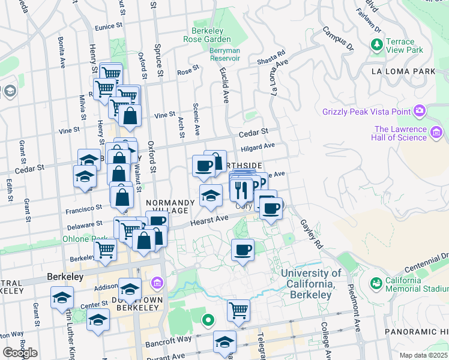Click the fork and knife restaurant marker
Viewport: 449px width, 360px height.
click(x=241, y=190)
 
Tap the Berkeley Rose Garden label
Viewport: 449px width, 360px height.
click(x=207, y=35)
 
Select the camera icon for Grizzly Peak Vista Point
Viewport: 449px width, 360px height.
click(x=420, y=111)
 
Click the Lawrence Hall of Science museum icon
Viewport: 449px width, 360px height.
click(x=436, y=132)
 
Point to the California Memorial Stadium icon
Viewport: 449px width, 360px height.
click(x=376, y=283)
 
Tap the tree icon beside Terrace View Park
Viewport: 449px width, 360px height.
click(x=376, y=44)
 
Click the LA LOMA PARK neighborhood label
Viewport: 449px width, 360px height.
click(x=403, y=71)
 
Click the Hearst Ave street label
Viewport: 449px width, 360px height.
click(x=210, y=221)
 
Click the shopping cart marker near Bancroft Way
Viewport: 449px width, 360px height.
click(x=238, y=311)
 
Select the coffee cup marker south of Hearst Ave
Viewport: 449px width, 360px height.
click(x=243, y=250)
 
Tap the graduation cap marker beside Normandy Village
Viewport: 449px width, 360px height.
click(x=210, y=196)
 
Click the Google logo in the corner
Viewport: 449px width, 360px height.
click(x=20, y=353)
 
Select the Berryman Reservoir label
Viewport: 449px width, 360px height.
click(x=224, y=55)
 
